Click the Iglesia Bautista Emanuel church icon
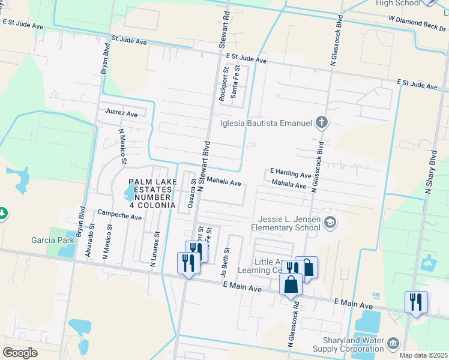[322, 123]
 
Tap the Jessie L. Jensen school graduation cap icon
[330, 224]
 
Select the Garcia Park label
[53, 241]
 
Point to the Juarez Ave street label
[121, 113]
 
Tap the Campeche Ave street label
[119, 214]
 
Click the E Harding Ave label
[291, 174]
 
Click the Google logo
[20, 353]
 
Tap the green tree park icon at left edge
[3, 213]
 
